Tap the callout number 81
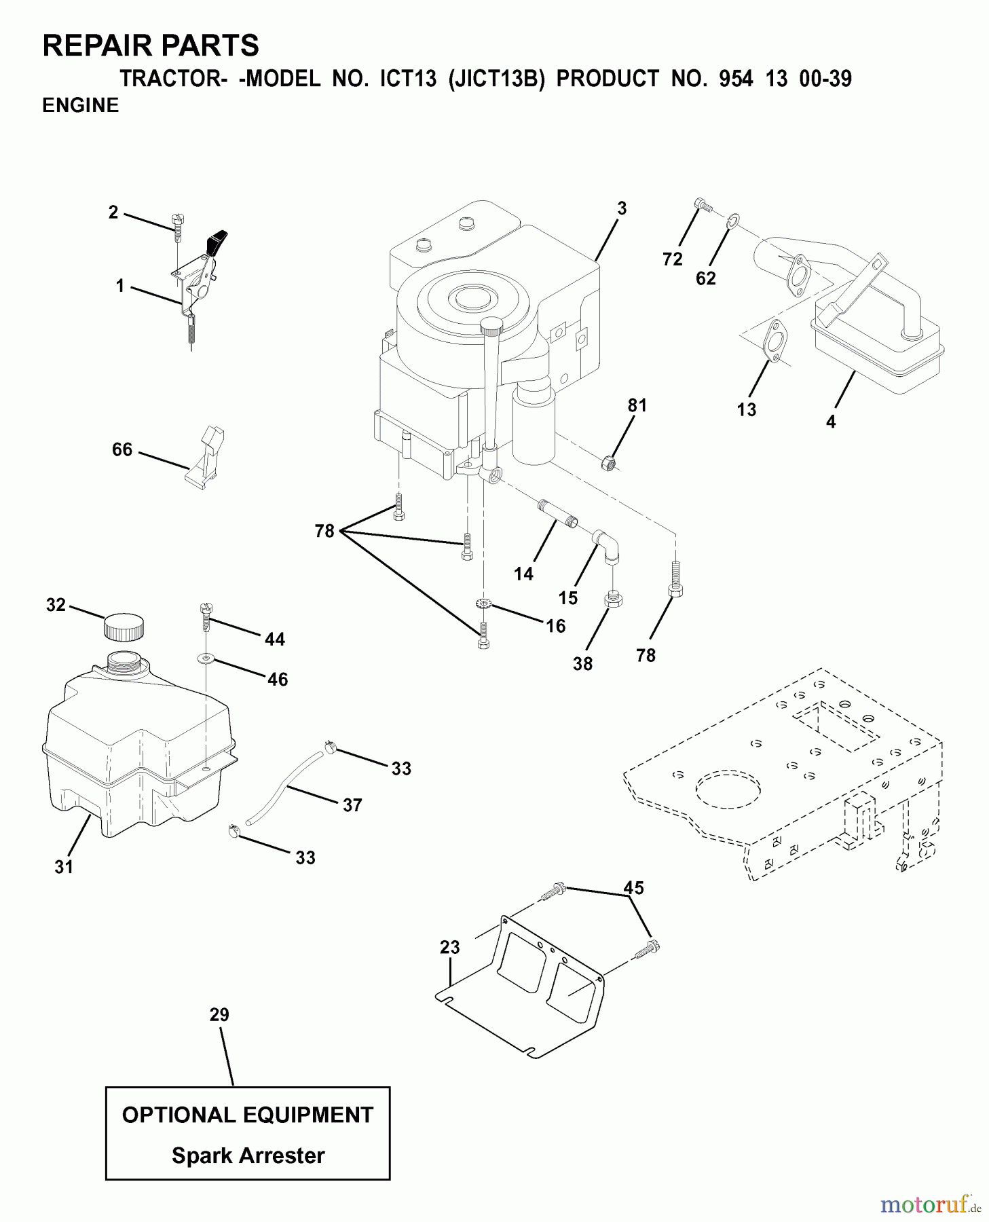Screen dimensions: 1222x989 [x=637, y=405]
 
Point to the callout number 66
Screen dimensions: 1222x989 [x=122, y=449]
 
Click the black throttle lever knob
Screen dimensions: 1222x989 [x=219, y=243]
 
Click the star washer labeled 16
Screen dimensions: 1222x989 [x=483, y=602]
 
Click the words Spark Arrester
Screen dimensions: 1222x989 [x=248, y=1155]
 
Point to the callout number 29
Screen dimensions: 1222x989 [x=219, y=1015]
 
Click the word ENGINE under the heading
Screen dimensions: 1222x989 [x=80, y=105]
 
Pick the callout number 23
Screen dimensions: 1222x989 [x=449, y=947]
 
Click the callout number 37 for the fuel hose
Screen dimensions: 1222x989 [x=352, y=805]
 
